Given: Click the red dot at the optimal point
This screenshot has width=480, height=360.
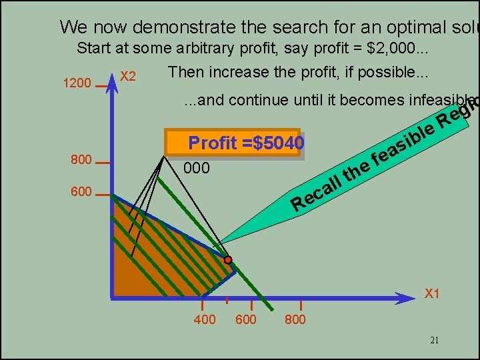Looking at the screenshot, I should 227,259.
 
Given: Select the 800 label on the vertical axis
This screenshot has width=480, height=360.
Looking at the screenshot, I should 81,160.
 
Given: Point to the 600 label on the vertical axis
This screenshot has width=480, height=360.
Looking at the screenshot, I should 81,192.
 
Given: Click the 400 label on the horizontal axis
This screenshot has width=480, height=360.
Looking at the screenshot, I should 205,320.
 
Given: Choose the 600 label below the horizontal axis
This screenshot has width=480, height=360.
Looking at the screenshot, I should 246,320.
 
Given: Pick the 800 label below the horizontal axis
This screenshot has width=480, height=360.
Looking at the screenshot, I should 295,320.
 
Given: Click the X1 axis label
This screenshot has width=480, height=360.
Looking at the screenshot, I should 433,294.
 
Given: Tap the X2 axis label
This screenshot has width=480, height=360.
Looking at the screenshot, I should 128,77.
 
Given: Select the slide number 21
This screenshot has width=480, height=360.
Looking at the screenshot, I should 435,341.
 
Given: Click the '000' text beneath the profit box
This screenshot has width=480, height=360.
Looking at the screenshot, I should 197,169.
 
